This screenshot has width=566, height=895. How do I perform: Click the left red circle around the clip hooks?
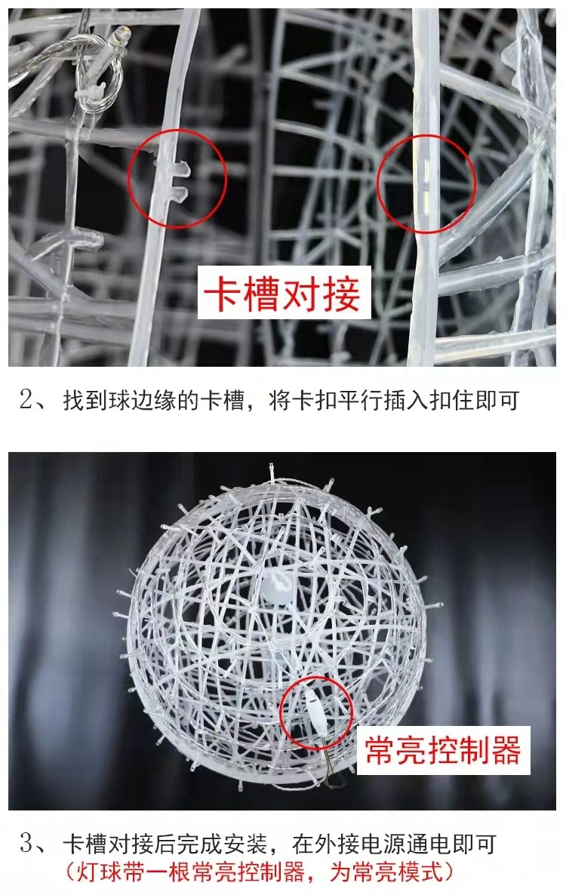click(x=177, y=178)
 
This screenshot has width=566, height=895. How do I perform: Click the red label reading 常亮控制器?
click(x=444, y=750)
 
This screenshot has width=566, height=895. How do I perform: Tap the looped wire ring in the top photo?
click(x=103, y=83)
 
